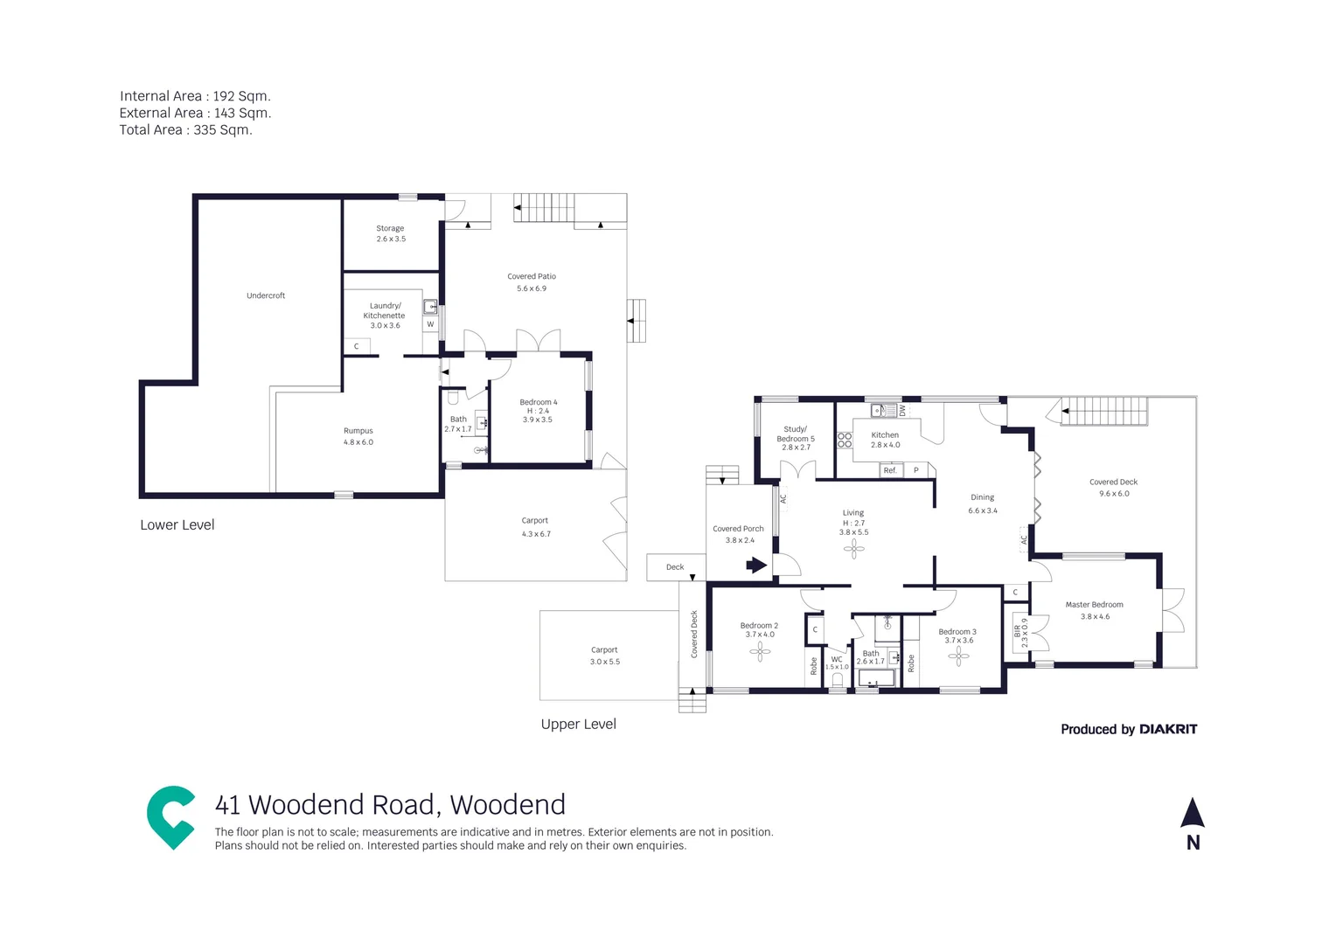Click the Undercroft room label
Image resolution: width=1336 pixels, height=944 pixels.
pyautogui.click(x=266, y=295)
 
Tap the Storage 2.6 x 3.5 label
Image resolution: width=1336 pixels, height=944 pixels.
pyautogui.click(x=391, y=233)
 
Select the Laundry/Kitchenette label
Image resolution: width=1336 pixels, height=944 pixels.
pyautogui.click(x=385, y=315)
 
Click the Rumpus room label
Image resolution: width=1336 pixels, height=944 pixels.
pyautogui.click(x=358, y=436)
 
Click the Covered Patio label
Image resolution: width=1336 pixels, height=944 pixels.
pyautogui.click(x=532, y=281)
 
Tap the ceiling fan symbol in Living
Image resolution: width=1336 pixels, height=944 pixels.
pyautogui.click(x=854, y=549)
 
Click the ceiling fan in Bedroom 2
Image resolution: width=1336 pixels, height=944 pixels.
pyautogui.click(x=760, y=649)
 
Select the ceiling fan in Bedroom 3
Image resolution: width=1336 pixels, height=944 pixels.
pyautogui.click(x=958, y=656)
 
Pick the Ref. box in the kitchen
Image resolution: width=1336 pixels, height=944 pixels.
pyautogui.click(x=890, y=470)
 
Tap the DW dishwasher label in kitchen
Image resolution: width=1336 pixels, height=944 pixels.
pyautogui.click(x=903, y=410)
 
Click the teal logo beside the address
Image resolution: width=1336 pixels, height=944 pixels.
pyautogui.click(x=170, y=817)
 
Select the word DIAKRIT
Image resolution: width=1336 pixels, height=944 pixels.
pyautogui.click(x=1168, y=729)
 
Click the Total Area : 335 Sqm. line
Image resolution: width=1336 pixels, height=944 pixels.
pyautogui.click(x=185, y=130)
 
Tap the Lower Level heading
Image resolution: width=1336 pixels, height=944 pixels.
pyautogui.click(x=177, y=525)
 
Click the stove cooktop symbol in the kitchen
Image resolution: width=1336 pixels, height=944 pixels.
pyautogui.click(x=845, y=441)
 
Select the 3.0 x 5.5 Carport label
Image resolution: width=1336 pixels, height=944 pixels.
pyautogui.click(x=604, y=656)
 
